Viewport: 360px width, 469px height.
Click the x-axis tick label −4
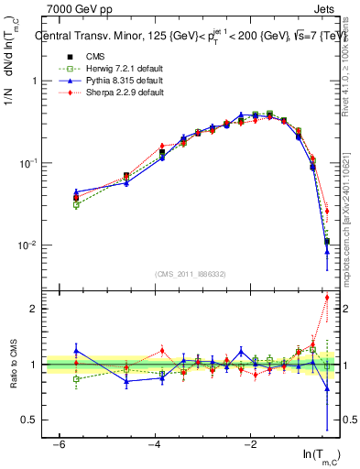point(155,444)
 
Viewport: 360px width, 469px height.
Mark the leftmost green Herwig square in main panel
point(76,205)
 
